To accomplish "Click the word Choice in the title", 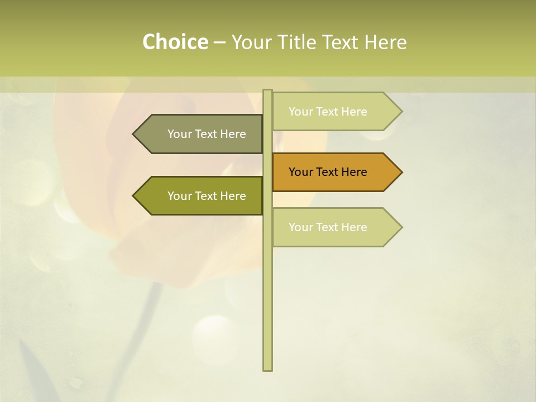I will click(x=175, y=42).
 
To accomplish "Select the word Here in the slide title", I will click(x=385, y=42).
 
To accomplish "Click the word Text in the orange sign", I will click(x=328, y=172).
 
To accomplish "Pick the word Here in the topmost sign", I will click(x=354, y=112).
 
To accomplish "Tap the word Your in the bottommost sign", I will click(x=301, y=227).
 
